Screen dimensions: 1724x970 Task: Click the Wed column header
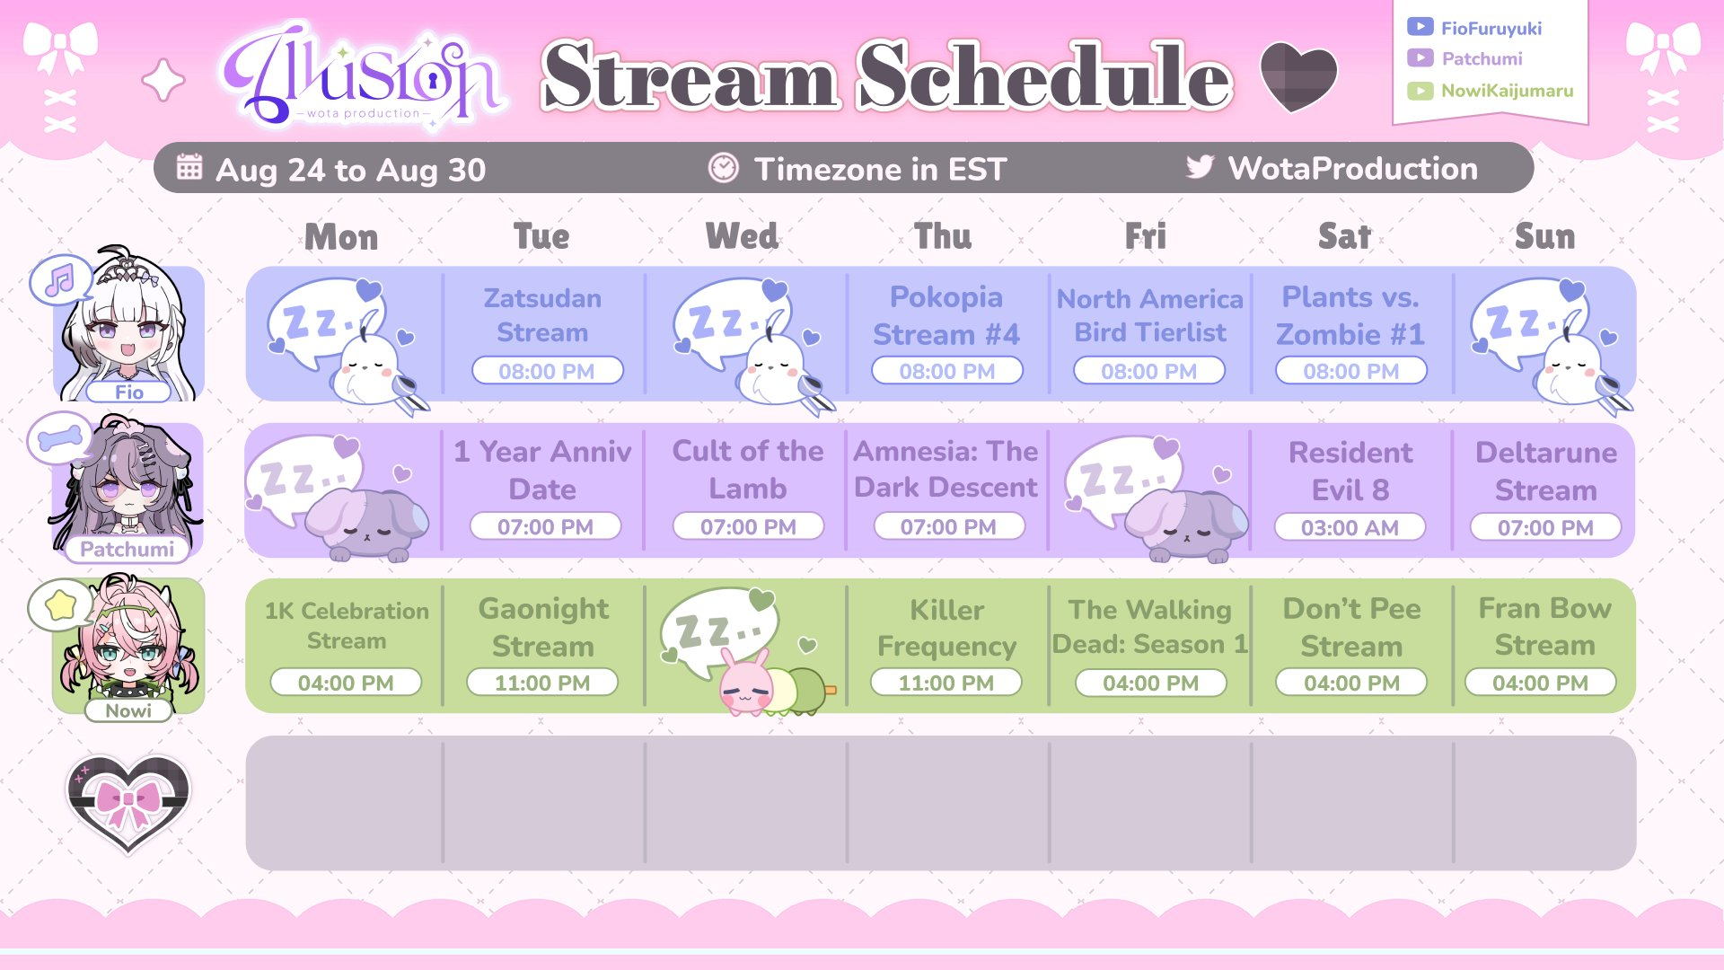tap(742, 236)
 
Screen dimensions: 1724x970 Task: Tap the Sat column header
tap(1344, 236)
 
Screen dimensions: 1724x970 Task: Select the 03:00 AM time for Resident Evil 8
tap(1350, 527)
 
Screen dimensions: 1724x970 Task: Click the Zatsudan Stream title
tap(542, 315)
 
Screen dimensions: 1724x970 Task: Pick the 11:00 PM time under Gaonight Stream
tap(542, 683)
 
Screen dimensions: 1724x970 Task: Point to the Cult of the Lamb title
tap(748, 469)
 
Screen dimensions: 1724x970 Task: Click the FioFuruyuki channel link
tap(1491, 28)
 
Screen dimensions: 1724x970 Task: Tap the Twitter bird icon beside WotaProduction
tap(1200, 167)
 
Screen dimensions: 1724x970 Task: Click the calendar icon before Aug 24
tap(189, 167)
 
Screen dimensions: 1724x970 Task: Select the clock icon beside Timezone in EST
tap(724, 167)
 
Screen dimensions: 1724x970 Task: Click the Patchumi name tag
tap(127, 549)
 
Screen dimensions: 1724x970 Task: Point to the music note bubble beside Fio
tap(60, 281)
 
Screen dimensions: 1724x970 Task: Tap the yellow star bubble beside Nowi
tap(60, 606)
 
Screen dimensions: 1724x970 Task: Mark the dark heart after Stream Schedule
tap(1298, 77)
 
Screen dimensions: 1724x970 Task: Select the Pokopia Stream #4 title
tap(946, 315)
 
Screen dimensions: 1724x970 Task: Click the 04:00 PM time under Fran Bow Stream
tap(1540, 683)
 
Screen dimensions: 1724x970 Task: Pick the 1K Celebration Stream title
tap(347, 626)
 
